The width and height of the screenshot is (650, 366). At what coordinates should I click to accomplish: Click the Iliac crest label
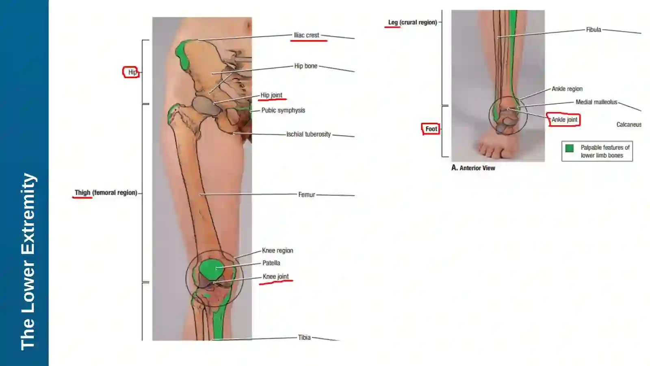(x=306, y=35)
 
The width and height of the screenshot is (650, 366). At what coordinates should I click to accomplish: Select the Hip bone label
(x=306, y=66)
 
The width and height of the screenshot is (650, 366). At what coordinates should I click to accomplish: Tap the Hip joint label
(x=271, y=95)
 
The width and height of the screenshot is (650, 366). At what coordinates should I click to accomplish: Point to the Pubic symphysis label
(x=283, y=110)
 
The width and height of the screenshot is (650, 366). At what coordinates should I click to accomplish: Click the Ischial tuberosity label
(x=309, y=134)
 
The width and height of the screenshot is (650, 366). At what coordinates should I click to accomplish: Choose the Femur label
(x=307, y=195)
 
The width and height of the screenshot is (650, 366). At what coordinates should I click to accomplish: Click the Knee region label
(x=277, y=251)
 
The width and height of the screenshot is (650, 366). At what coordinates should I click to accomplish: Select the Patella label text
(x=271, y=263)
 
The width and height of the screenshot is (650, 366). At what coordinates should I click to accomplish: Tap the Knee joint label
(x=276, y=277)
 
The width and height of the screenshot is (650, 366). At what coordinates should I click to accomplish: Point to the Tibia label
(x=304, y=338)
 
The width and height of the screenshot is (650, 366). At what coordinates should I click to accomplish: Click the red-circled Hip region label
(x=132, y=72)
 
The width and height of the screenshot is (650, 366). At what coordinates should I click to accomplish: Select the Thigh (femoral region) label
(x=106, y=193)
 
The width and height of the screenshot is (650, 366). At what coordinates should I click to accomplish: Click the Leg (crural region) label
(x=413, y=22)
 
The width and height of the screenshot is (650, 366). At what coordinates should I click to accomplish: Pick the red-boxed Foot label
(x=431, y=129)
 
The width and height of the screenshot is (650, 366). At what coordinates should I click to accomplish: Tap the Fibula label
(x=594, y=30)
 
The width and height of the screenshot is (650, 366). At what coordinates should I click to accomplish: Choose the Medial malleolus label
(x=596, y=102)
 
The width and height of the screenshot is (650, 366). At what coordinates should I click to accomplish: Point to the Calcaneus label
(x=629, y=124)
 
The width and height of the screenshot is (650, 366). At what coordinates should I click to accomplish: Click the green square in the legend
(x=569, y=148)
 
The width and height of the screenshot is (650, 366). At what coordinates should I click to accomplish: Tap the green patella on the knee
(x=211, y=269)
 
